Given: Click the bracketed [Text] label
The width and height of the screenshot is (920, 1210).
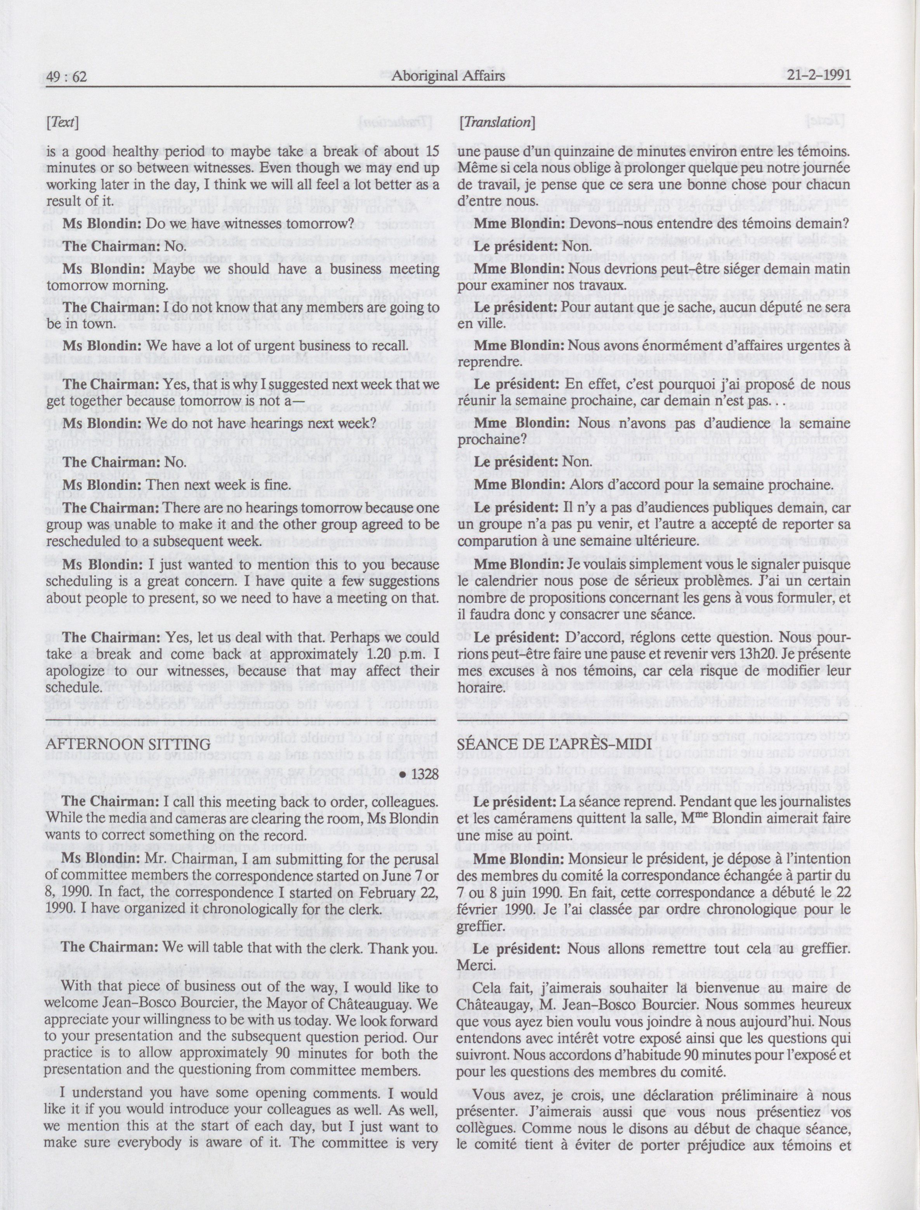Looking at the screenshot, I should [x=63, y=122].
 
